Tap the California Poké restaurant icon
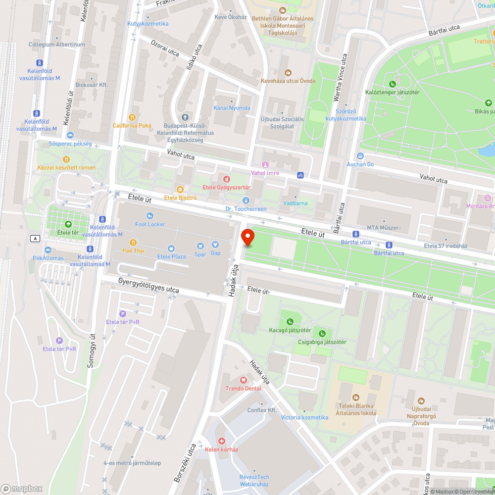coord(132,117)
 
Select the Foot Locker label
coord(150,224)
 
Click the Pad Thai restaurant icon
coord(133,242)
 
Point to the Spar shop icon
coord(200,246)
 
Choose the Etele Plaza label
coord(171,256)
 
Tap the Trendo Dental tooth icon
coord(243,380)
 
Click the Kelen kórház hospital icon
coord(222,441)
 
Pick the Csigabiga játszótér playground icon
coord(322,334)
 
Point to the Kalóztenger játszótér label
coord(392,92)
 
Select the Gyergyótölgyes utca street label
coord(148,285)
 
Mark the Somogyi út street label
coord(91,350)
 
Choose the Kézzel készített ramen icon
coord(66,159)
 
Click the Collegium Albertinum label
coord(56,45)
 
